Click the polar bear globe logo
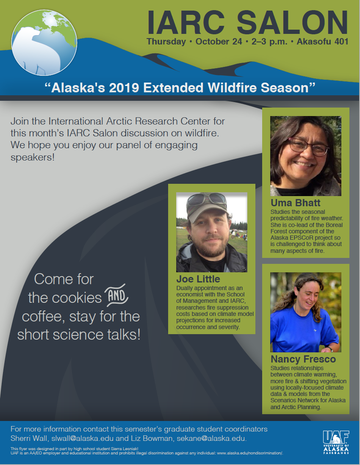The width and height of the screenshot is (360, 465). [44, 43]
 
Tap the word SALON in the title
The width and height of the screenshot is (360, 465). [292, 22]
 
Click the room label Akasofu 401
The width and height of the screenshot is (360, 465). [322, 42]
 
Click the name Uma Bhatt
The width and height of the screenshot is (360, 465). [295, 203]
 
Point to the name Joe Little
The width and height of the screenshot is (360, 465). [198, 279]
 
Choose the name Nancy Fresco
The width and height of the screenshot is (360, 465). [303, 359]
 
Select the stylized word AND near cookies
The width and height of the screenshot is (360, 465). [116, 296]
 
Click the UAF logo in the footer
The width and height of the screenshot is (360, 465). [336, 442]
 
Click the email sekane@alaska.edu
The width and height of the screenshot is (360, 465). [212, 438]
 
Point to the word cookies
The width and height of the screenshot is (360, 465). [77, 298]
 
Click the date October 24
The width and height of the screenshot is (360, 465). [219, 42]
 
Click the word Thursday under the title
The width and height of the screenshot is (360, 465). [166, 42]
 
